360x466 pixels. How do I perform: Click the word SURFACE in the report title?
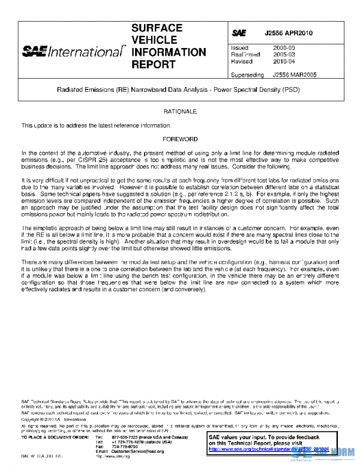[x=157, y=28]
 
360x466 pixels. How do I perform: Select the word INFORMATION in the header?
[x=168, y=52]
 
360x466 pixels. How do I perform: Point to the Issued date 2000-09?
[x=283, y=47]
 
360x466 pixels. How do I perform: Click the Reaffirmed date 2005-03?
[x=283, y=54]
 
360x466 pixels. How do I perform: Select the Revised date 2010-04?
[x=283, y=61]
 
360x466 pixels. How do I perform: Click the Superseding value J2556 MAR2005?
[x=295, y=75]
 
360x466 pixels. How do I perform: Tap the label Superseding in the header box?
[x=247, y=75]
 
